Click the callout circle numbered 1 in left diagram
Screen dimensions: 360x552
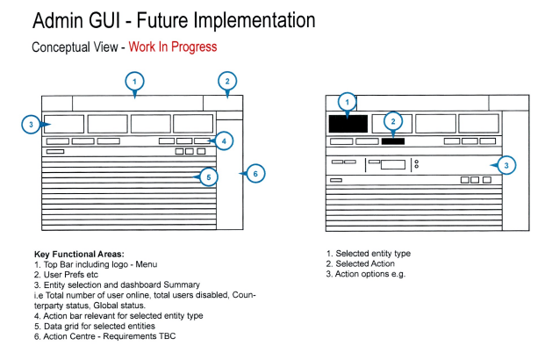[x=134, y=83]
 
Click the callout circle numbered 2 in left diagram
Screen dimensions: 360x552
[x=226, y=83]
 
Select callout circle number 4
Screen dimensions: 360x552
[x=224, y=140]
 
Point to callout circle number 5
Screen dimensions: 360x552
[x=207, y=177]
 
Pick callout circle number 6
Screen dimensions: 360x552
[x=254, y=173]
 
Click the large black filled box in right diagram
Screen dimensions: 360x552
[x=348, y=123]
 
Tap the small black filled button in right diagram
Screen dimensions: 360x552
[x=392, y=140]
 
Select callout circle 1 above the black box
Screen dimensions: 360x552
[x=347, y=101]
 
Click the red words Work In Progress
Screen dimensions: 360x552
[x=172, y=47]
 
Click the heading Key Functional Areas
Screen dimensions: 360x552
[x=79, y=254]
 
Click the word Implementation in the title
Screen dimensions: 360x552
[x=248, y=19]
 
